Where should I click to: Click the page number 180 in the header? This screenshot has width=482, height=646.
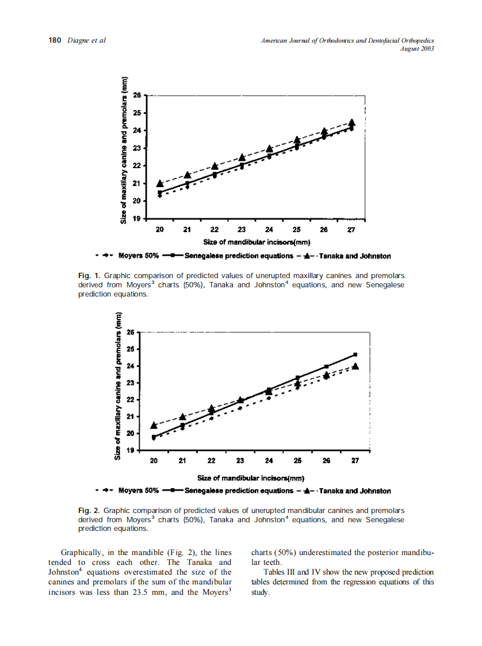(55, 40)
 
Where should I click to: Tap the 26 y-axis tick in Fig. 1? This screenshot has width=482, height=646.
(137, 95)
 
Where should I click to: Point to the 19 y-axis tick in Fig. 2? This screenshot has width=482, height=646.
(131, 450)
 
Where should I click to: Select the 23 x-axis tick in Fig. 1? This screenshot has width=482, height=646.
(242, 230)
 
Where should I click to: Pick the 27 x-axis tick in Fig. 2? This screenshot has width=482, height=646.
(355, 461)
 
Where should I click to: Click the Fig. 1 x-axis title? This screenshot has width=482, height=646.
(248, 241)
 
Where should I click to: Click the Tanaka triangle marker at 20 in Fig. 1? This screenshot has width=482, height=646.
(160, 184)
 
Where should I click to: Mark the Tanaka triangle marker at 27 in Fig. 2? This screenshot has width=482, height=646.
(355, 366)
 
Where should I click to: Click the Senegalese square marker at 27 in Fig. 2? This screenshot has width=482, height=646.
(355, 355)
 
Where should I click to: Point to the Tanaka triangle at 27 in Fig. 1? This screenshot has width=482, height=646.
(352, 123)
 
